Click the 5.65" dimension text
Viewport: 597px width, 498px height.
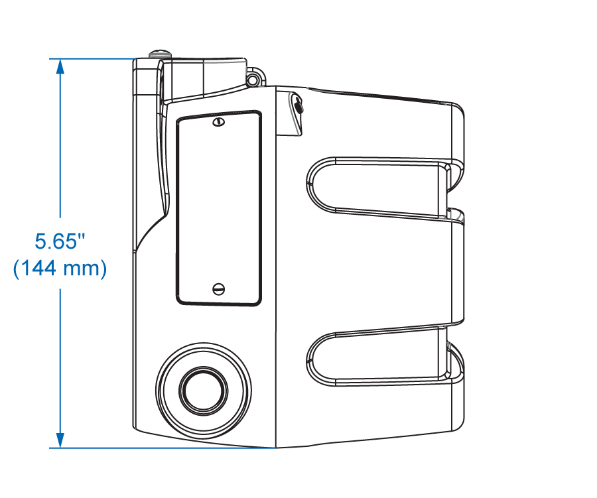click(x=60, y=241)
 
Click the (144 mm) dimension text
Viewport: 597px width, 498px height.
click(x=60, y=268)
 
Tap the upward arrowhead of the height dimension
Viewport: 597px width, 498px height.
click(x=60, y=66)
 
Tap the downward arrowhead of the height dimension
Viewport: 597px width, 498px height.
click(x=60, y=440)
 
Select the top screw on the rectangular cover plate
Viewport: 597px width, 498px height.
click(x=218, y=122)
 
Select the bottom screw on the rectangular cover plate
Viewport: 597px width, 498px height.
click(x=218, y=289)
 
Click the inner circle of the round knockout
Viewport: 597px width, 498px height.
click(x=204, y=391)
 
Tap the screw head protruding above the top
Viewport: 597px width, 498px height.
click(x=160, y=54)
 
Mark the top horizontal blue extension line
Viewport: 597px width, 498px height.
click(x=92, y=58)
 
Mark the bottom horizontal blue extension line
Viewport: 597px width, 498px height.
click(x=163, y=448)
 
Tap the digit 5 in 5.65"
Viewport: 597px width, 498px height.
click(x=40, y=241)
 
